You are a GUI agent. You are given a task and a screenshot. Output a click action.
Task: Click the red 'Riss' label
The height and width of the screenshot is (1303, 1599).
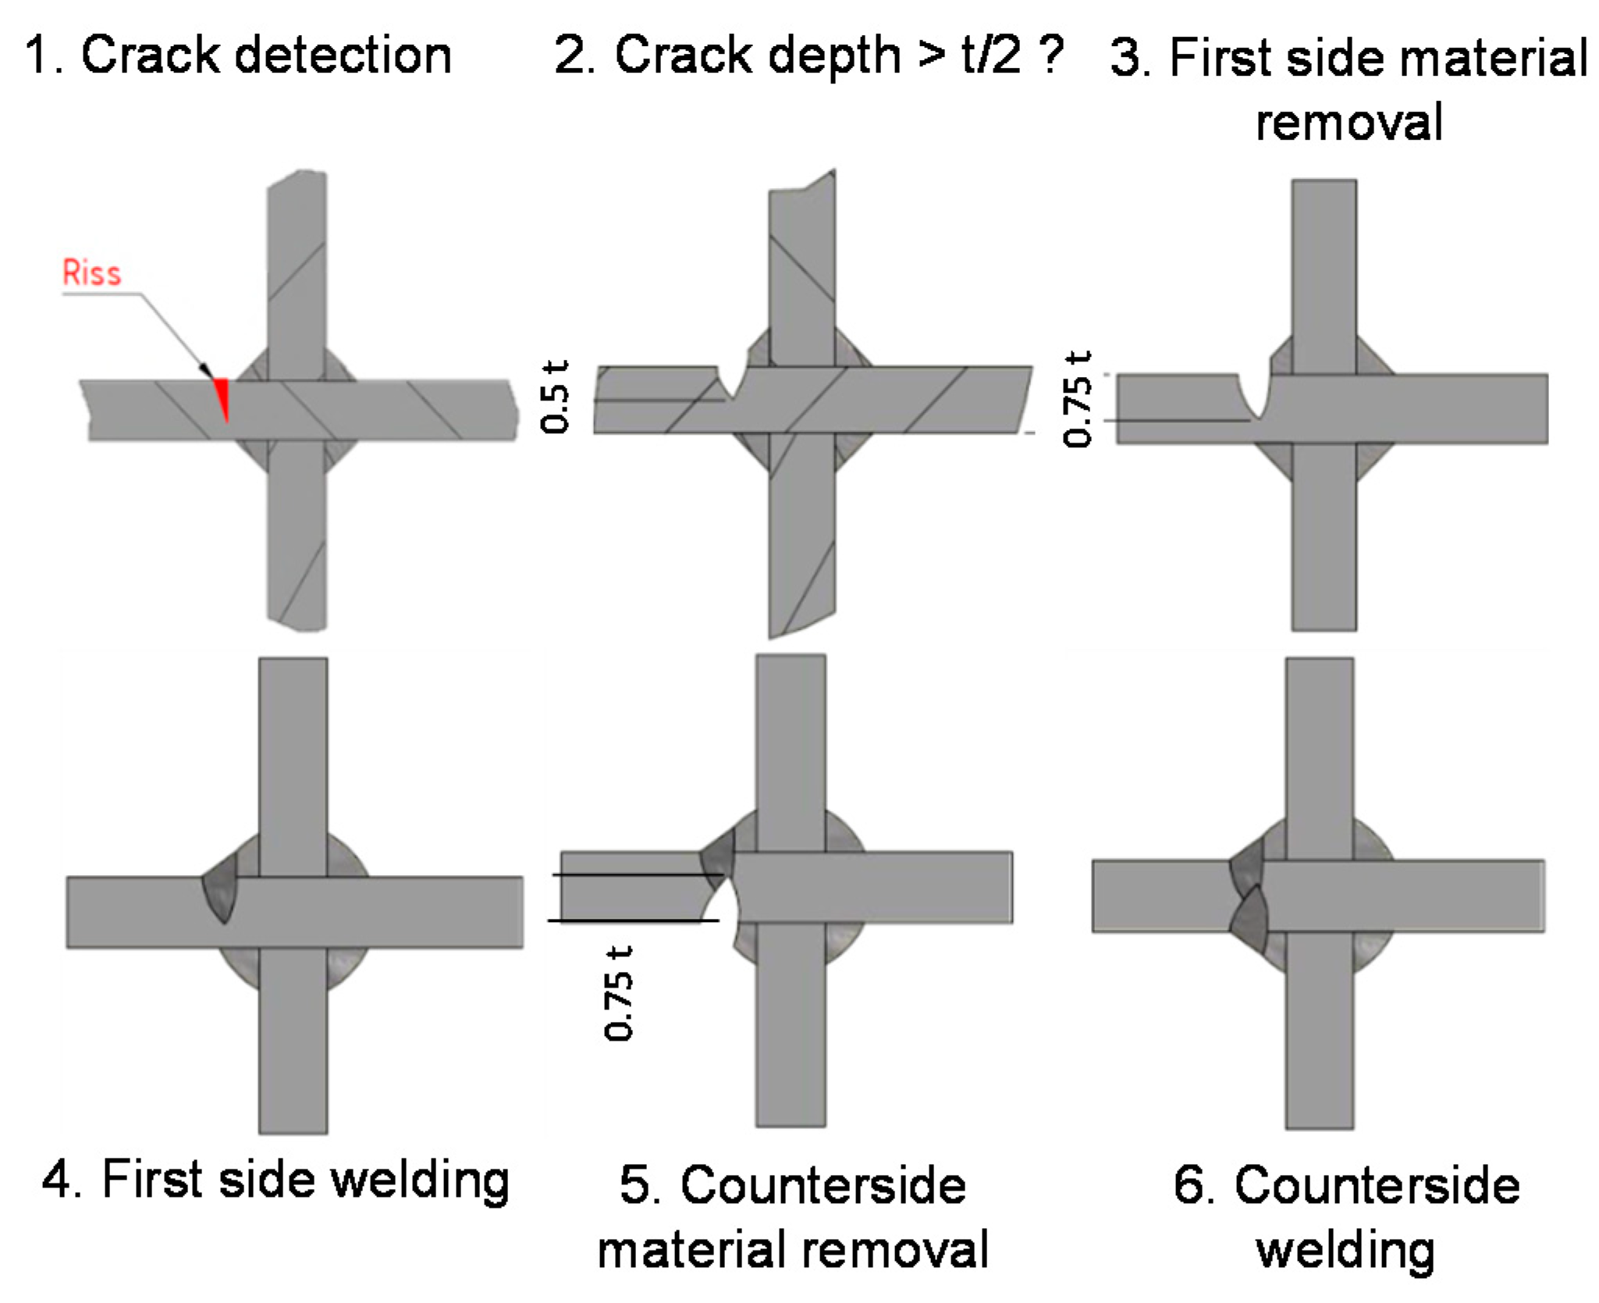pos(91,273)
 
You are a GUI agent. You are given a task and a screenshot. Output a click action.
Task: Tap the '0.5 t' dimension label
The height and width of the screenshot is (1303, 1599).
pos(555,397)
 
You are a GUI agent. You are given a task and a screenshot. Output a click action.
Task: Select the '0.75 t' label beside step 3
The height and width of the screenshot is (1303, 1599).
pos(1078,399)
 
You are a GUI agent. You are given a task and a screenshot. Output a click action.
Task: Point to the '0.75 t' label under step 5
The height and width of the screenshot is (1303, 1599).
pos(619,993)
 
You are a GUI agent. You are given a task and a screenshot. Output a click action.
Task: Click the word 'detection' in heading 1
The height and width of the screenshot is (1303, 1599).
pos(343,56)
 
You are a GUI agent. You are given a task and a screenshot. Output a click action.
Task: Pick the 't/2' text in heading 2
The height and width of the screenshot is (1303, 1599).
pos(991,56)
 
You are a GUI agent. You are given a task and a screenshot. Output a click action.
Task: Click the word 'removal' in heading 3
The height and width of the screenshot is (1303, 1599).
pos(1349,123)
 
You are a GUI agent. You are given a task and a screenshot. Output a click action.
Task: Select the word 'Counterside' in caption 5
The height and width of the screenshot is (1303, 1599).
pos(823,1185)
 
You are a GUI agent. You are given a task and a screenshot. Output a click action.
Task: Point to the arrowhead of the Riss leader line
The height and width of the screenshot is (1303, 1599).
pos(205,368)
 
